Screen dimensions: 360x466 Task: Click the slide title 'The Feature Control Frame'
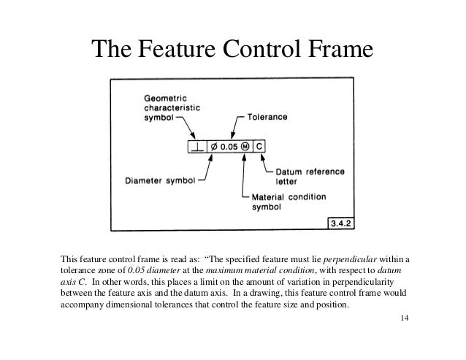[x=232, y=50]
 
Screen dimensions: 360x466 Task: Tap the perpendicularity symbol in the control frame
[x=198, y=146]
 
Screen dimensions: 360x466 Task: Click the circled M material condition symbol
[x=248, y=146]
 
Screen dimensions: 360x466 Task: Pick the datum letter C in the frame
[x=261, y=146]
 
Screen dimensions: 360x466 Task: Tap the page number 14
[x=406, y=319]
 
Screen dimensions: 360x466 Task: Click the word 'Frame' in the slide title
[x=336, y=50]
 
